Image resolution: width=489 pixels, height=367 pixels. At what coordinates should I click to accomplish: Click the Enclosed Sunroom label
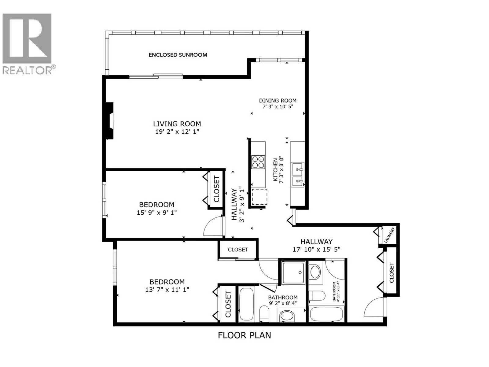[178, 55]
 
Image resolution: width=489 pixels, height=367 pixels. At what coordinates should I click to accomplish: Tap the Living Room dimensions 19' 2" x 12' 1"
[177, 132]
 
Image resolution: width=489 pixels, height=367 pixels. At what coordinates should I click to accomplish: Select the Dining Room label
[278, 101]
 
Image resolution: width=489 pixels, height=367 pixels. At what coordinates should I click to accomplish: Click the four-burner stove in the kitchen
[258, 162]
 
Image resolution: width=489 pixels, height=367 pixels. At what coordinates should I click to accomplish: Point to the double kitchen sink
[297, 174]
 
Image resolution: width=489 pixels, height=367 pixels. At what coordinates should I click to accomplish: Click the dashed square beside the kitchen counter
[259, 197]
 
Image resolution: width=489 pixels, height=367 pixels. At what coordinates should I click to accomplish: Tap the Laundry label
[389, 235]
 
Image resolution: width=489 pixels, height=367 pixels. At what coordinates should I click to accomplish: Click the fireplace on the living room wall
[110, 121]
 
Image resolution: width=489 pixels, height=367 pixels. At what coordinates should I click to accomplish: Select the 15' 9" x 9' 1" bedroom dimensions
[156, 213]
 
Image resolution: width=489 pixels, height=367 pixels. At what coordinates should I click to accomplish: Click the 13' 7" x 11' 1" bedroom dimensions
[167, 290]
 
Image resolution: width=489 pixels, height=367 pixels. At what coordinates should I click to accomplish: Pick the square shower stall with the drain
[293, 273]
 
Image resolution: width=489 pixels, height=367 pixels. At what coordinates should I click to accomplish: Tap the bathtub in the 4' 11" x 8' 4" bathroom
[326, 314]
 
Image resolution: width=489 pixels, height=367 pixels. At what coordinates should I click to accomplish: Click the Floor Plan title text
[244, 335]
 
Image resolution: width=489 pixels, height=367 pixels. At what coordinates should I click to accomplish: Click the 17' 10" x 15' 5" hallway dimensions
[316, 249]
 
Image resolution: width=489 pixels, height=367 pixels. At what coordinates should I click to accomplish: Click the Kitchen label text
[276, 170]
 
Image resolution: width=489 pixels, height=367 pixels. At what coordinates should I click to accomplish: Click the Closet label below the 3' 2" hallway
[238, 250]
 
